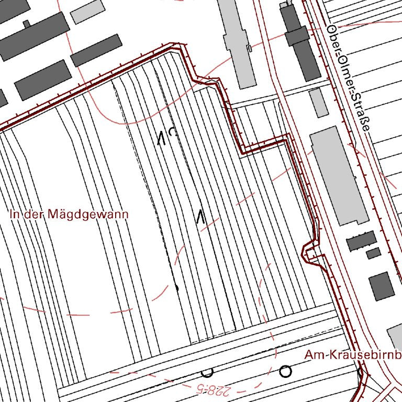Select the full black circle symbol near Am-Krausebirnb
(285, 371)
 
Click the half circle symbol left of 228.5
(207, 373)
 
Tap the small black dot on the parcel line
(176, 287)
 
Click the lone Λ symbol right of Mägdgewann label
(199, 217)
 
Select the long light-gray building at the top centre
(237, 42)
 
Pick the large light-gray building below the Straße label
(339, 175)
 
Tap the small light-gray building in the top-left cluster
(87, 12)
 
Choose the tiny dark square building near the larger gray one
(373, 253)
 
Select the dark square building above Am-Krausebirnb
(381, 286)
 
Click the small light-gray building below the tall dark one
(318, 102)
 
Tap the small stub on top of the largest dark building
(26, 24)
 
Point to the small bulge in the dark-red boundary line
(309, 252)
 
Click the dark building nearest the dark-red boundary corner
(96, 50)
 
